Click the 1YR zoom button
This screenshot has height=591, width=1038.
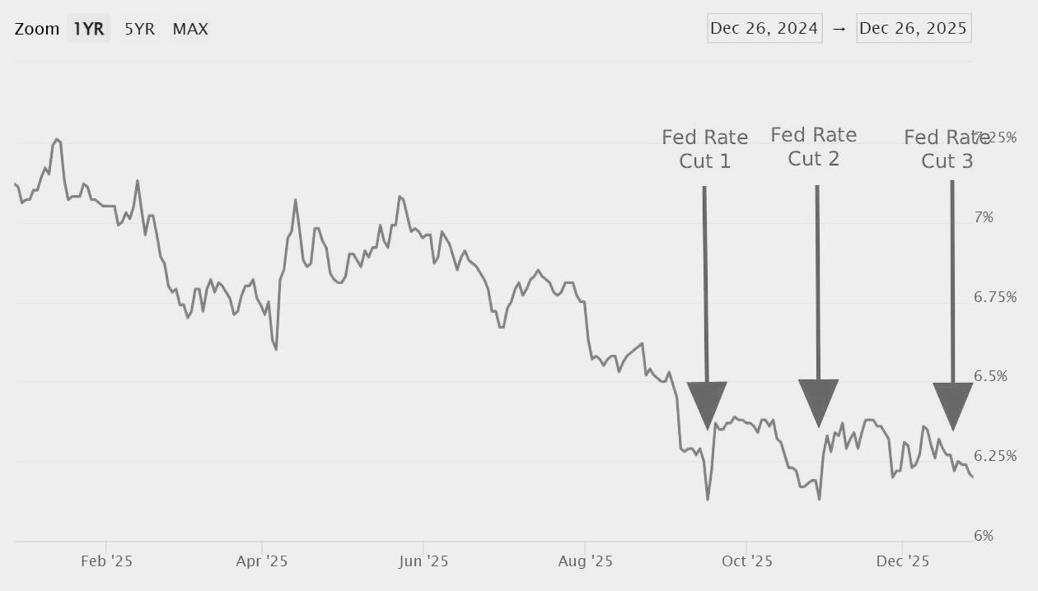(89, 29)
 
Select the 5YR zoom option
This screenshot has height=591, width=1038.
(139, 29)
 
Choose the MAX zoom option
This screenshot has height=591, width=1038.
(190, 29)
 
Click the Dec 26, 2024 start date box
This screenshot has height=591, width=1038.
(764, 29)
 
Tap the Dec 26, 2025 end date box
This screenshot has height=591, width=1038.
(914, 29)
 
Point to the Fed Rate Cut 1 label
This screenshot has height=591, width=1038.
(705, 149)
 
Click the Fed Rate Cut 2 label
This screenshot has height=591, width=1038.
(814, 147)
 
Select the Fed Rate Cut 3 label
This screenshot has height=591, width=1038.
(947, 149)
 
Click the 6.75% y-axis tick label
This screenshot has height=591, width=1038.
(995, 297)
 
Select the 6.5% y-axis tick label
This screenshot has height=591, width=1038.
(990, 376)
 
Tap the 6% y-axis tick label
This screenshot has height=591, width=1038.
(984, 536)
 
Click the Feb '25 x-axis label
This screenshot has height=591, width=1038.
(106, 562)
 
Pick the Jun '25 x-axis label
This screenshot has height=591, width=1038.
(423, 562)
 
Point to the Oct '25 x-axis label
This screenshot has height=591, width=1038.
(746, 562)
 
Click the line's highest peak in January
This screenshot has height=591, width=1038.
(56, 139)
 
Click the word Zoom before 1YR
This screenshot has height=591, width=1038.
(37, 29)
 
